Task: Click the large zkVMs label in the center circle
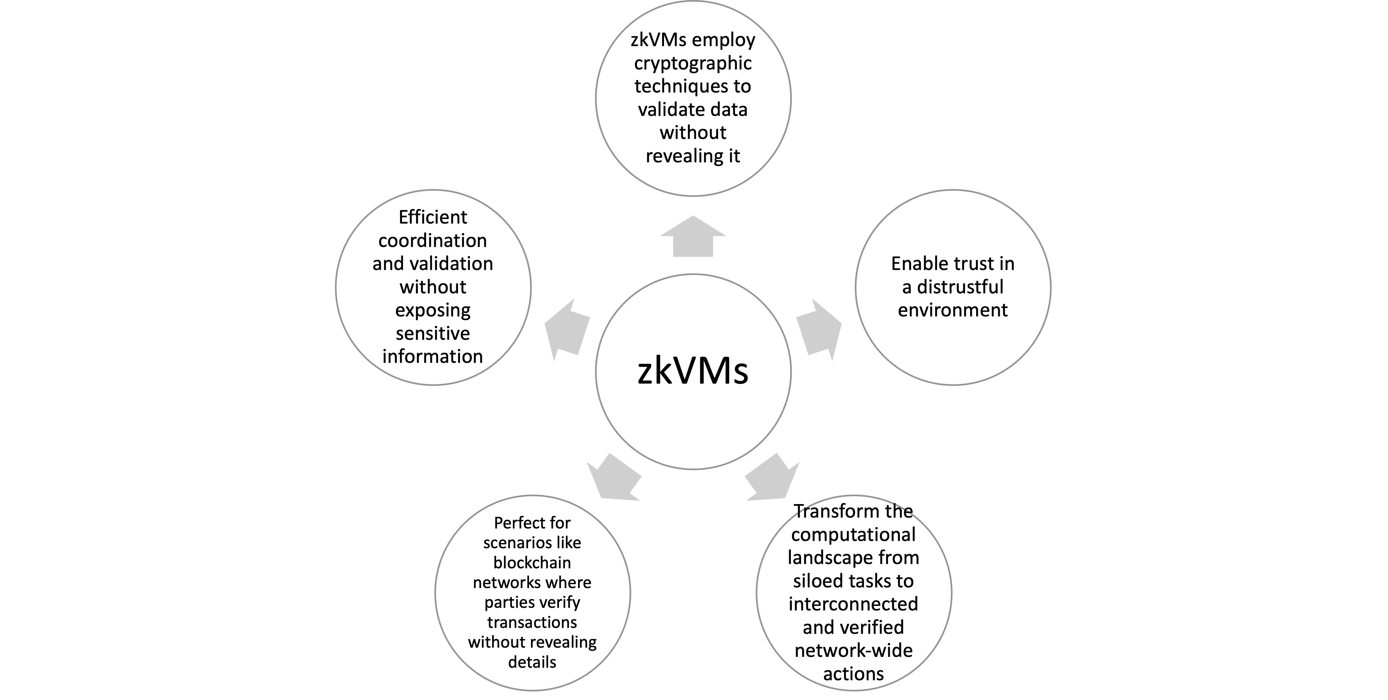point(693,371)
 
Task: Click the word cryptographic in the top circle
point(693,63)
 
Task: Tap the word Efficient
point(433,217)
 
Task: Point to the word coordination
point(433,240)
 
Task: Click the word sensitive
point(433,334)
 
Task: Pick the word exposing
point(433,310)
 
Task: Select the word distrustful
point(960,287)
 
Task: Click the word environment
point(953,310)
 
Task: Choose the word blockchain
point(532,563)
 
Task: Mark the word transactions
point(532,622)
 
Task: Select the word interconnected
point(853,604)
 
